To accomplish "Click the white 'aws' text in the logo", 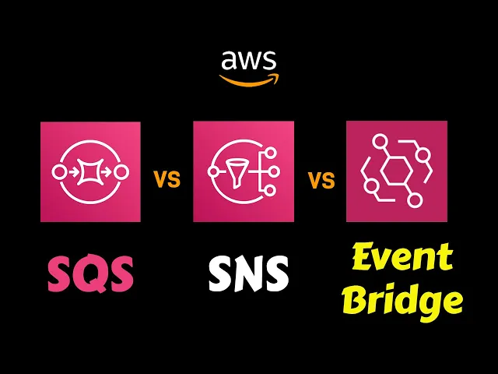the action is [x=248, y=60].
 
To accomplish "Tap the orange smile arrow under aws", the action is [x=248, y=79].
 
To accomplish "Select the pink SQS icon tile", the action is [x=90, y=171].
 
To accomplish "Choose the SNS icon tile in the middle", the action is [x=243, y=171].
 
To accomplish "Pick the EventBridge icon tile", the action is [x=397, y=171].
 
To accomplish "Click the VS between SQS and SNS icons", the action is [x=167, y=180].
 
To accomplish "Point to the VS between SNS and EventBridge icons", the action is [x=321, y=180].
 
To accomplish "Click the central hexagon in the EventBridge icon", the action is [x=396, y=171].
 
